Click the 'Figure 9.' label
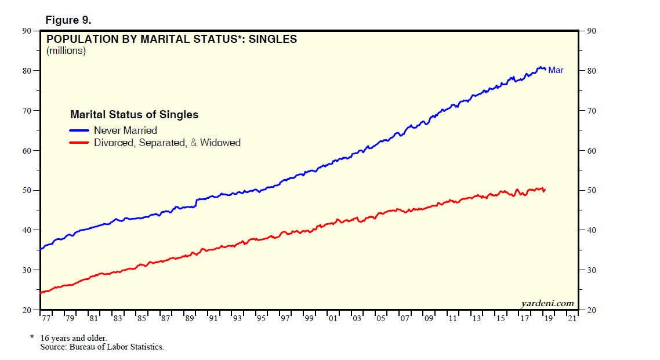[68, 20]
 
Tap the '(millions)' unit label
[66, 51]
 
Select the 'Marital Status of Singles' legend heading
[134, 115]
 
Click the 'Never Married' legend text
[125, 130]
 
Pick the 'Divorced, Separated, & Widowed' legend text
[167, 142]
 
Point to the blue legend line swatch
[79, 130]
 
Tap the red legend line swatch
[79, 142]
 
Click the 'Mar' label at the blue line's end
[556, 70]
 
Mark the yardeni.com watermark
[547, 303]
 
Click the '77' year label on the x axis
[45, 318]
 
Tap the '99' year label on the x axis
[309, 318]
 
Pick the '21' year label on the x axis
[572, 318]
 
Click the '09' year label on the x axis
[428, 318]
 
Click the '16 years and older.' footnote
[74, 337]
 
